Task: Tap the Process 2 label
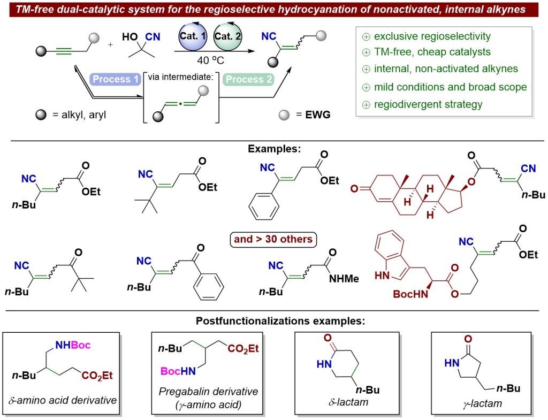pos(250,79)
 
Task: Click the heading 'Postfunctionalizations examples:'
pos(273,321)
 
